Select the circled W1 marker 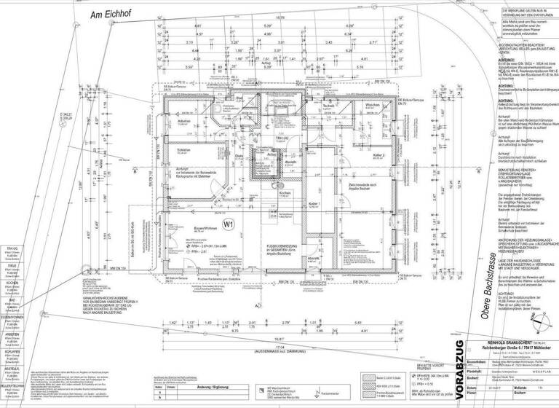pos(228,224)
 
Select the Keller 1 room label pos(313,224)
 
